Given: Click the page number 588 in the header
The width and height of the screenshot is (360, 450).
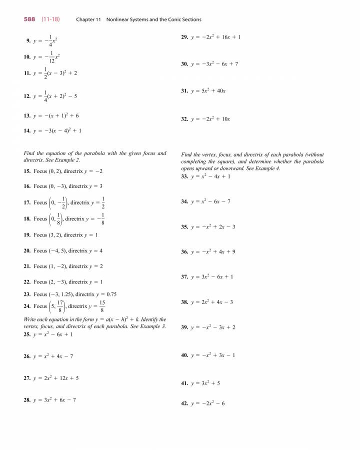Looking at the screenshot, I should [31, 19].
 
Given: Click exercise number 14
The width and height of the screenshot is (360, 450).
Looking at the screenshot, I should [27, 130].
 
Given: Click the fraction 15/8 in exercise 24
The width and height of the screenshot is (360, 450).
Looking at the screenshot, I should [102, 306].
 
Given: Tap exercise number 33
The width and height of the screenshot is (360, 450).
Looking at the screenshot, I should [184, 176].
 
